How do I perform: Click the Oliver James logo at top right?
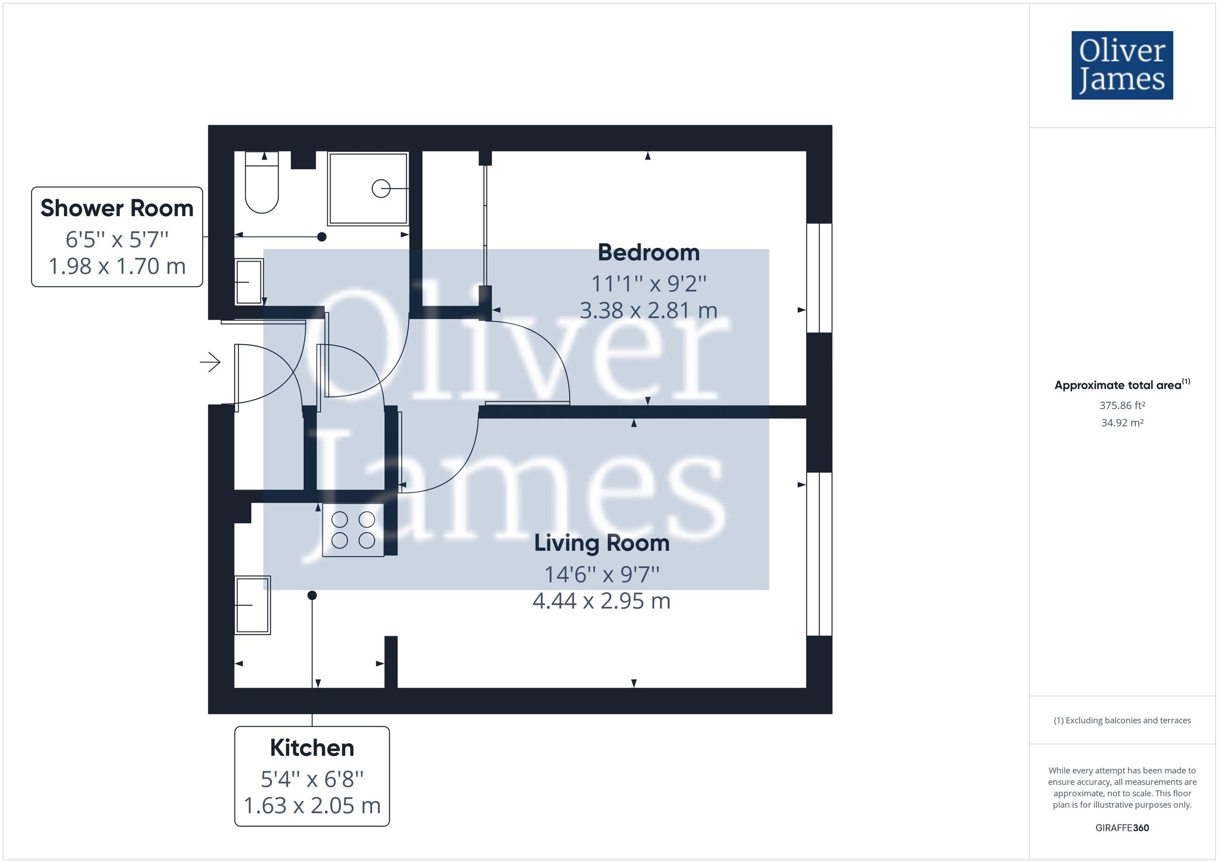coord(1122,66)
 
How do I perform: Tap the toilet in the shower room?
coord(261,183)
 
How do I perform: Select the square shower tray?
coord(368,189)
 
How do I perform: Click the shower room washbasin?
coord(249,281)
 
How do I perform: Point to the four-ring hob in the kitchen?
coord(353,530)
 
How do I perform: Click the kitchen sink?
coord(253,605)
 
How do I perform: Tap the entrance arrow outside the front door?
coord(210,362)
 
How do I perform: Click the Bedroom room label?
coord(648,253)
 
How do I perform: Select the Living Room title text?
coord(601,543)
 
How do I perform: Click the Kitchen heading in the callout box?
coord(312,748)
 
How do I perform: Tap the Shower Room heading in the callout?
coord(117,208)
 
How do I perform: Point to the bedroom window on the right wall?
coord(819,278)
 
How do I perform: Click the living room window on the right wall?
coord(819,553)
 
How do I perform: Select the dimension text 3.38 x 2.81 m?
coord(648,311)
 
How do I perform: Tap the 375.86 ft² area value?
coord(1122,406)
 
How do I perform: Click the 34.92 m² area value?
coord(1122,423)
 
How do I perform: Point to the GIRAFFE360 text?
coord(1122,828)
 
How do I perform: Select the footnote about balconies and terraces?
coord(1122,721)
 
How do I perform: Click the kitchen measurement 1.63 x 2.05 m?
coord(312,806)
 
